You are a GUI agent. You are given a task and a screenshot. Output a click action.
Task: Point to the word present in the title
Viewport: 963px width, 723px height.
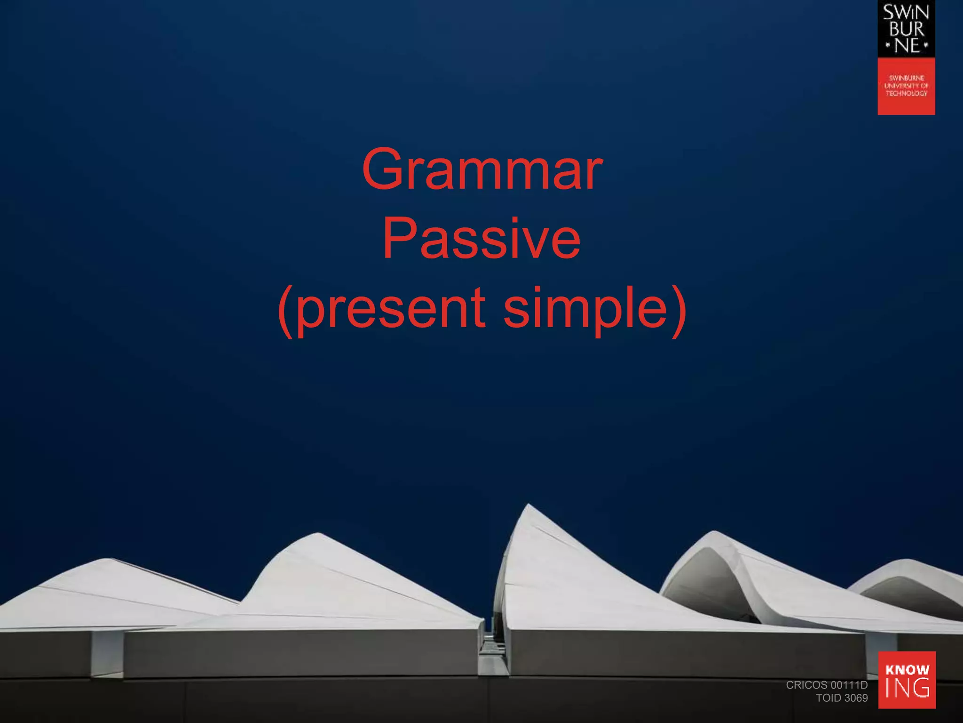(391, 309)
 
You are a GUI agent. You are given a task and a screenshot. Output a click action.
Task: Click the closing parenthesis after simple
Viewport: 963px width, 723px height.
(678, 311)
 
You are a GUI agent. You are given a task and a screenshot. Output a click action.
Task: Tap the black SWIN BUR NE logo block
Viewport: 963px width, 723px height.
(906, 29)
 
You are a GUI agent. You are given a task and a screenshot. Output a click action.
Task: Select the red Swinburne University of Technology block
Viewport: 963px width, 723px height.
(906, 86)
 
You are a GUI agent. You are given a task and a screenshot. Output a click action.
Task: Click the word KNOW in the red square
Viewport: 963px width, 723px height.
(907, 669)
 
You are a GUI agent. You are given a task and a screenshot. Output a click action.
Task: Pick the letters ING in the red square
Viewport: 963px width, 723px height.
(907, 688)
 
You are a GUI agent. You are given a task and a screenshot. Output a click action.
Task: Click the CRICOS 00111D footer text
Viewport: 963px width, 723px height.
(827, 685)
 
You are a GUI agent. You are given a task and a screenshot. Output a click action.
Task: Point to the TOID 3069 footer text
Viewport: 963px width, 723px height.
(842, 698)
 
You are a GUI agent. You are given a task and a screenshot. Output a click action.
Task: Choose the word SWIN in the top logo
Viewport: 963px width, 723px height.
(906, 13)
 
